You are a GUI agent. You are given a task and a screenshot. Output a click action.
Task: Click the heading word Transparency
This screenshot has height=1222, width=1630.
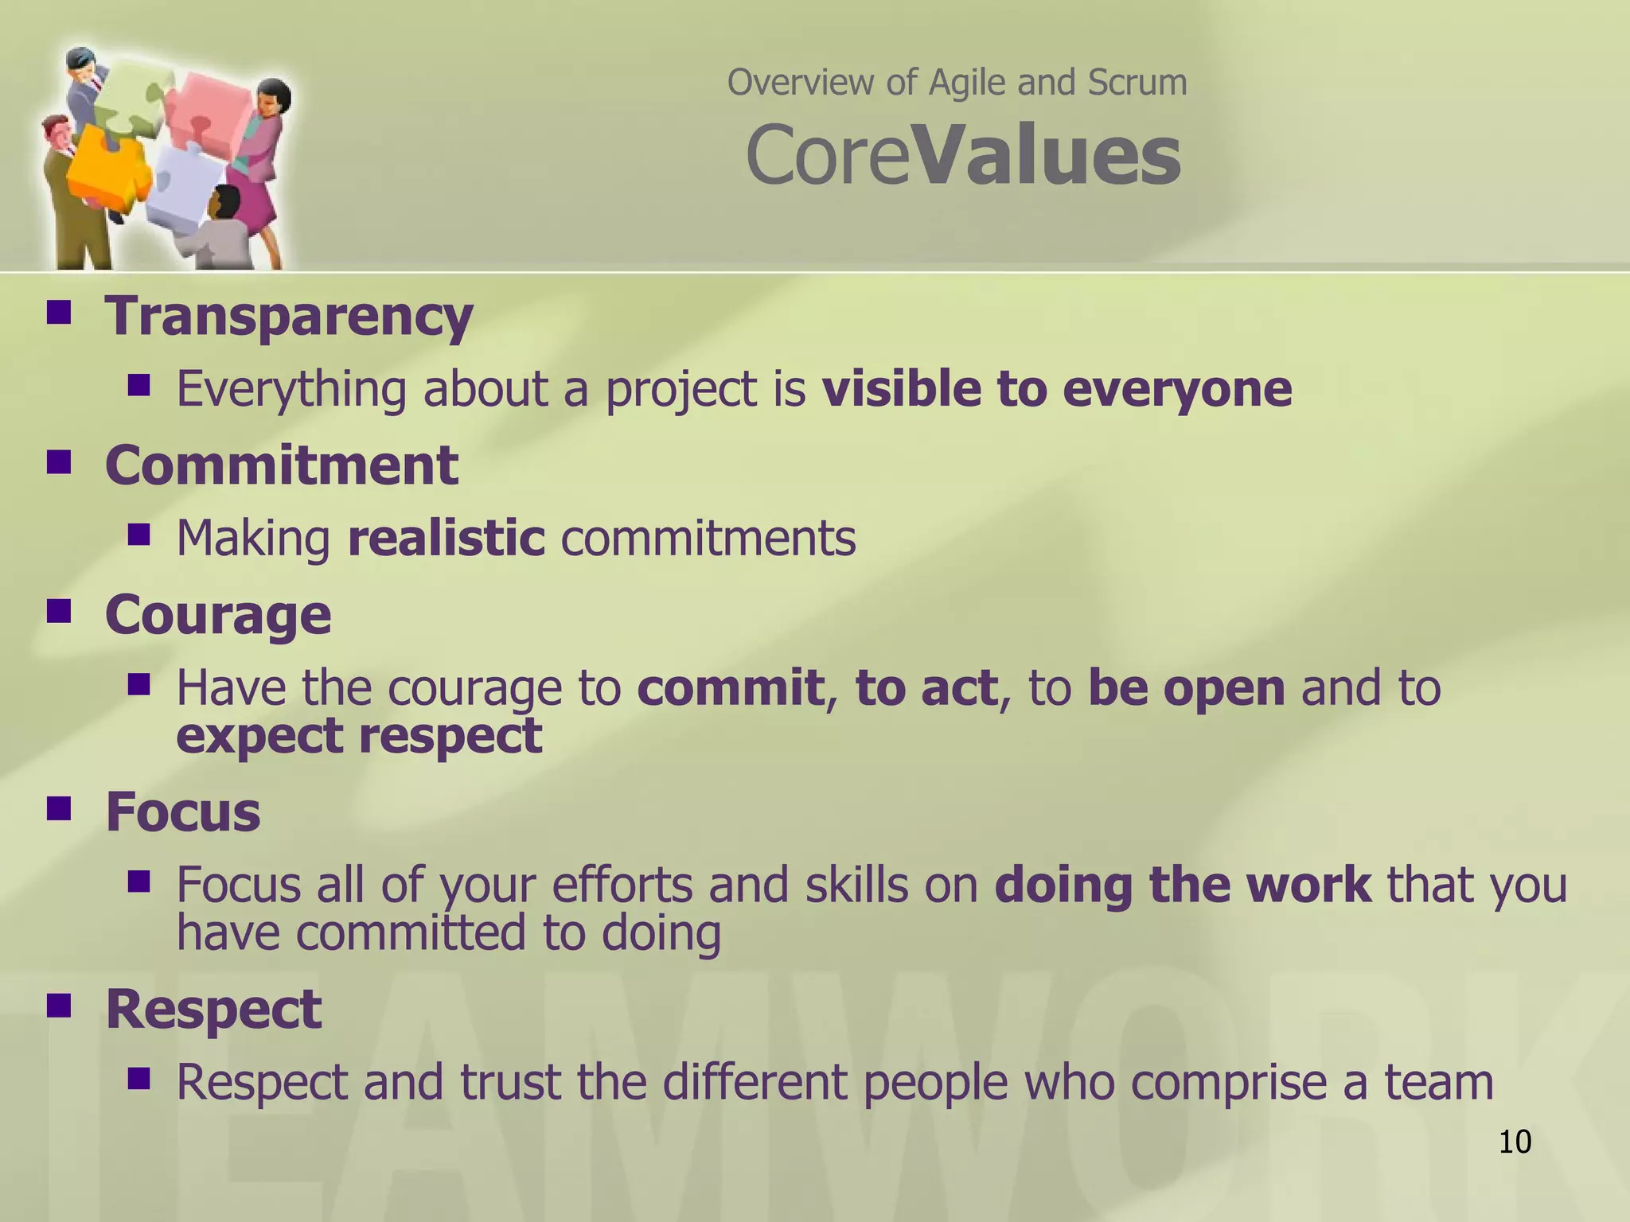(x=289, y=317)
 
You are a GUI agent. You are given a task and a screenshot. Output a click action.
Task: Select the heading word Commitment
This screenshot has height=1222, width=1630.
(x=282, y=465)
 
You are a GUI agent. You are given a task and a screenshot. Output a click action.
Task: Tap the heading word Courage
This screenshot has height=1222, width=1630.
(x=218, y=615)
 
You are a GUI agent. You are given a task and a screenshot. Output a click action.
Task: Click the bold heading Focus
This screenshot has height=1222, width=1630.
(x=183, y=812)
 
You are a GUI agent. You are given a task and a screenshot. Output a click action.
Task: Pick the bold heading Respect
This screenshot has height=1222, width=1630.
(x=213, y=1009)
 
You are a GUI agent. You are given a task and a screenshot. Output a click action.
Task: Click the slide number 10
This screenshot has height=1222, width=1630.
(x=1515, y=1142)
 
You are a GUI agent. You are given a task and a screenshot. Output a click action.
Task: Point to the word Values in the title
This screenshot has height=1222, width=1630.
(x=1049, y=156)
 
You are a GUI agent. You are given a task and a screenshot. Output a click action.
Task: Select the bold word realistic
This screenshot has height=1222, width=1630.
(x=446, y=538)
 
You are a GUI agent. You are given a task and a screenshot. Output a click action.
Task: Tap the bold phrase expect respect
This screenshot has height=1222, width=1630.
(x=359, y=735)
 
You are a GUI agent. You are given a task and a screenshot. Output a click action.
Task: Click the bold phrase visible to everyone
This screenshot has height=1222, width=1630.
(x=1057, y=389)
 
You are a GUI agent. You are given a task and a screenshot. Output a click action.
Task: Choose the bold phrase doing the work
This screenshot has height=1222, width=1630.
(x=1183, y=885)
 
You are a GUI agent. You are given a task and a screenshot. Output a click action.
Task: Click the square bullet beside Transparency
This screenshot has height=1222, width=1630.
(x=59, y=312)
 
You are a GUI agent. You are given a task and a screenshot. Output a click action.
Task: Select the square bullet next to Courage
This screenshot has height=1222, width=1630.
(x=59, y=611)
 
